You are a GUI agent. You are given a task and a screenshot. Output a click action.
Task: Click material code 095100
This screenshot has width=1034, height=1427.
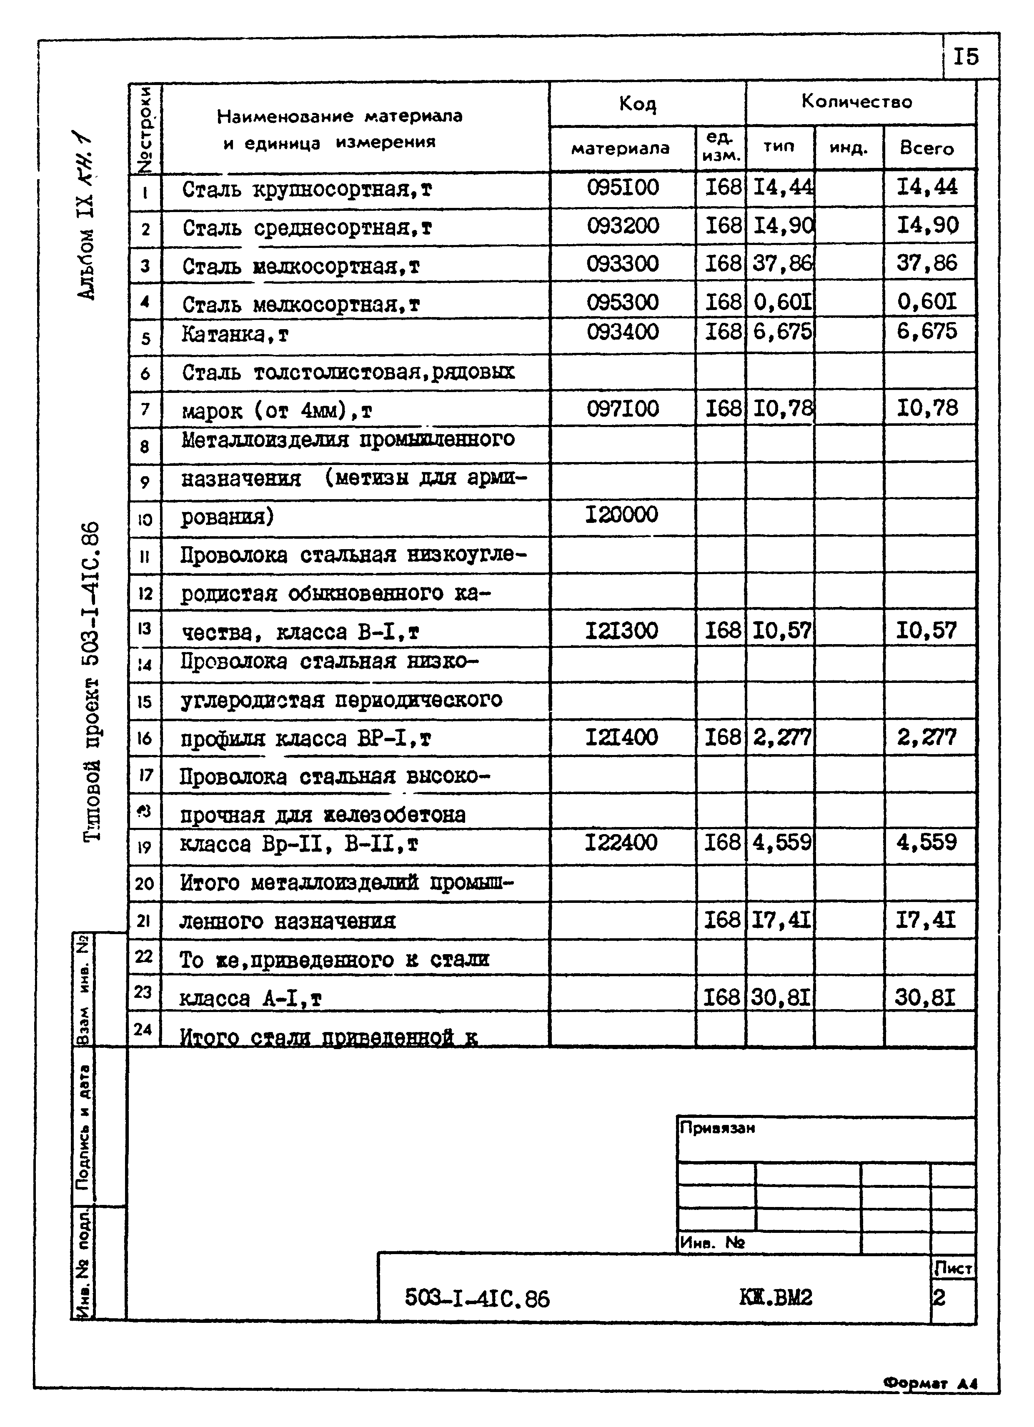(622, 187)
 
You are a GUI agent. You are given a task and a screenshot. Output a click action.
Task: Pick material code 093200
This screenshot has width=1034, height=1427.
(622, 226)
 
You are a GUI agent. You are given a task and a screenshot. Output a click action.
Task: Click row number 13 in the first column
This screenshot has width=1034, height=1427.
(145, 628)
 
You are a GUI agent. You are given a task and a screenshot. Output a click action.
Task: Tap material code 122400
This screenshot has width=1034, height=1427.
(621, 842)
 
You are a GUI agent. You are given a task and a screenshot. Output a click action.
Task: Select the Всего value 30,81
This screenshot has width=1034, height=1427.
(925, 997)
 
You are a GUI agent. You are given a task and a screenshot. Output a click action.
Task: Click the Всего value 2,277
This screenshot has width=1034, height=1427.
(926, 737)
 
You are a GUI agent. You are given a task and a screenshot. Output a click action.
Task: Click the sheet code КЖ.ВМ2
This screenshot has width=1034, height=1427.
(775, 1297)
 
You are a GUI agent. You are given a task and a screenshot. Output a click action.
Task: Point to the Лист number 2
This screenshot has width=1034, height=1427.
(939, 1298)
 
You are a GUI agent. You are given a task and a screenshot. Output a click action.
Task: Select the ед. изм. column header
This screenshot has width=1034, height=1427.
(721, 148)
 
